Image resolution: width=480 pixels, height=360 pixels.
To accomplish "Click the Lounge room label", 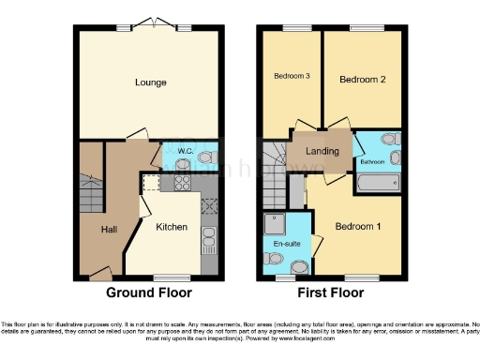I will (x=150, y=82).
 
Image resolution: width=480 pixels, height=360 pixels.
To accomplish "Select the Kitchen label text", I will (x=172, y=227).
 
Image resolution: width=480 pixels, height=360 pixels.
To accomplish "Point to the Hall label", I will (x=110, y=227).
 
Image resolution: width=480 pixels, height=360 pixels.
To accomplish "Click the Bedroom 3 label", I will (x=292, y=76).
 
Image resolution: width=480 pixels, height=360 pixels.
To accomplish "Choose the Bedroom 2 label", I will (x=363, y=81).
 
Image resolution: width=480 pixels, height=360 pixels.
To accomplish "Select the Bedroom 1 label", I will (x=359, y=226).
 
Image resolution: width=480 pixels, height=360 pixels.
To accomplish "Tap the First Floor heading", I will (x=331, y=292).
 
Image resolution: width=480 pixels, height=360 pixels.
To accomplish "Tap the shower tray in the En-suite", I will (x=277, y=223).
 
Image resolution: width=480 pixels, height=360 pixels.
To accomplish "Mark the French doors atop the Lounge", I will (x=150, y=24).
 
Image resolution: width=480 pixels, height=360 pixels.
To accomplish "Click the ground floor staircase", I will (x=91, y=192).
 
